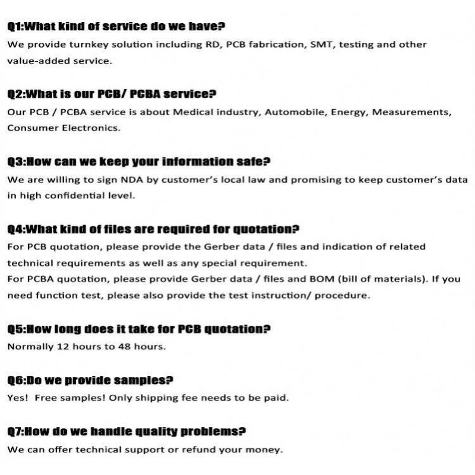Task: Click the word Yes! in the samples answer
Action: pyautogui.click(x=17, y=398)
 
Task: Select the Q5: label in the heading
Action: pyautogui.click(x=17, y=329)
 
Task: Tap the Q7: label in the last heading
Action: pyautogui.click(x=17, y=432)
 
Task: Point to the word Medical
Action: pyautogui.click(x=191, y=112)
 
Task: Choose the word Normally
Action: pyautogui.click(x=29, y=346)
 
